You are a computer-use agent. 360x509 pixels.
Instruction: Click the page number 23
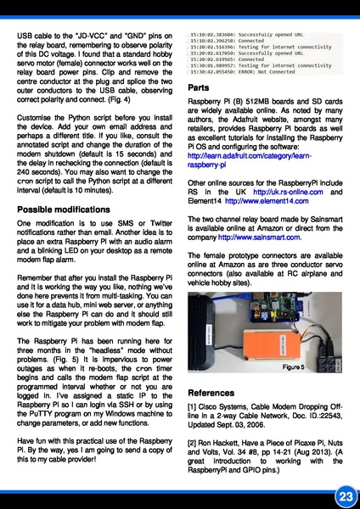tap(343, 494)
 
